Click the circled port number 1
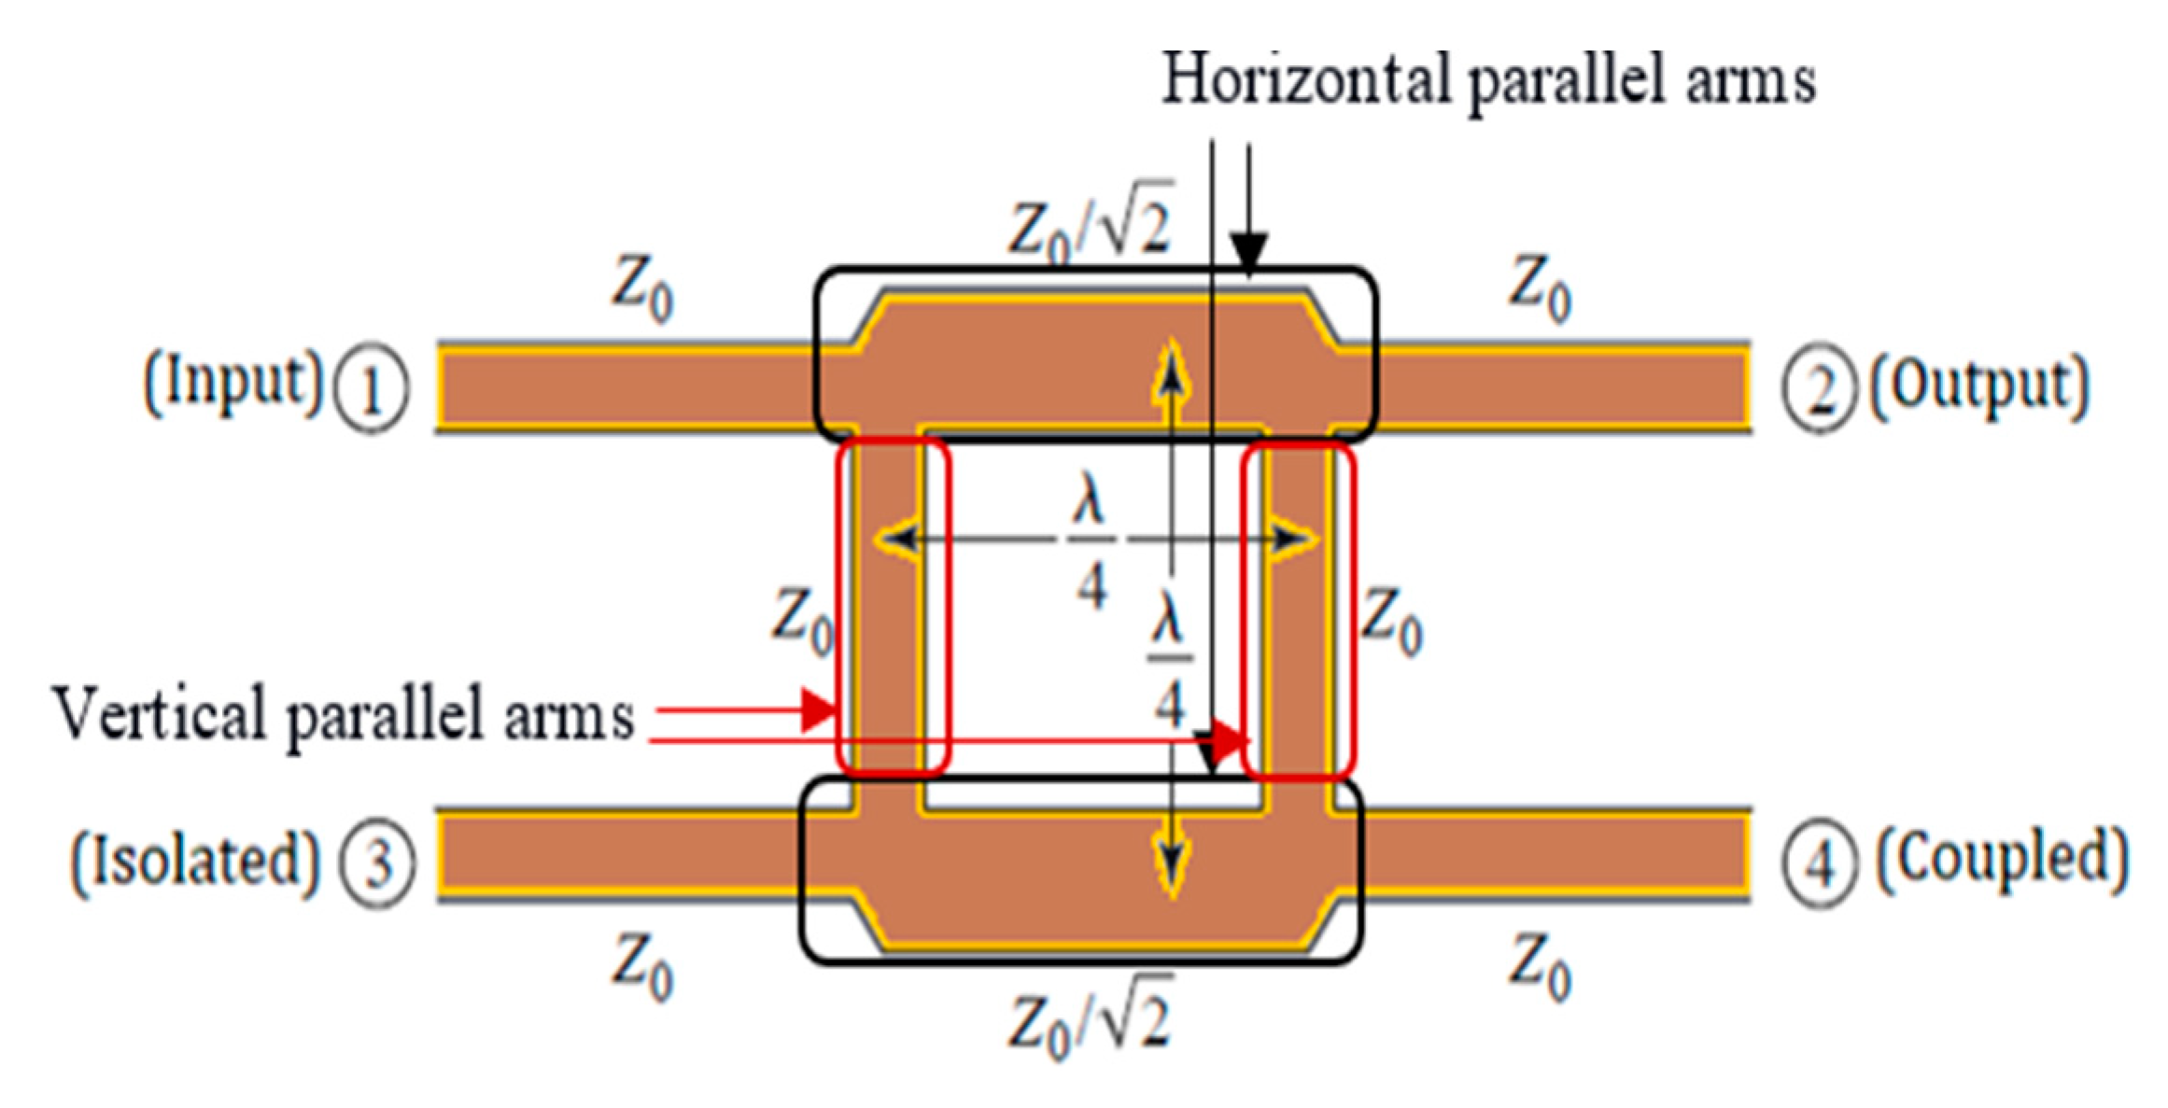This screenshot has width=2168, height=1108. point(372,390)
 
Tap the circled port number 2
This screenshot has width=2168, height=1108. point(1817,390)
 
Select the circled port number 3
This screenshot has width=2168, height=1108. point(376,863)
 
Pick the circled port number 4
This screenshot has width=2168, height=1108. point(1819,863)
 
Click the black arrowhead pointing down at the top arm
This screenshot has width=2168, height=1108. point(1248,254)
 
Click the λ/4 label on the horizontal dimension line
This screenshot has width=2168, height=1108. point(1091,549)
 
